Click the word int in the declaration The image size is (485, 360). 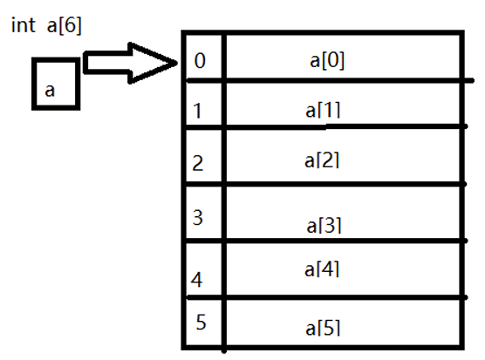click(24, 24)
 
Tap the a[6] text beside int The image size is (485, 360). click(64, 25)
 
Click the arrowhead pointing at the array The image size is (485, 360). click(154, 63)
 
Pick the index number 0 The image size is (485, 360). click(200, 60)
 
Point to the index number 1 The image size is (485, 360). click(198, 111)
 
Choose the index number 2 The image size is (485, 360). click(198, 163)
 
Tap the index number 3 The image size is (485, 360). click(198, 218)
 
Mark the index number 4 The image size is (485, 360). click(197, 280)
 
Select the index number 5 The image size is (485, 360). click(201, 323)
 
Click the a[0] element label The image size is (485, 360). click(327, 60)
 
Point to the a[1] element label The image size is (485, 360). click(323, 111)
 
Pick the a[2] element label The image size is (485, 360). click(322, 160)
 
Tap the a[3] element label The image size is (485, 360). click(324, 226)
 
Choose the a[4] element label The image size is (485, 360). click(322, 269)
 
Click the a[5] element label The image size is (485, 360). click(323, 328)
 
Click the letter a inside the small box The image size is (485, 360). click(50, 91)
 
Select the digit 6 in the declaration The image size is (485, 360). click(70, 24)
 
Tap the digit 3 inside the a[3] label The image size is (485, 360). click(330, 225)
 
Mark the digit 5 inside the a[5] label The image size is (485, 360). click(329, 328)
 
